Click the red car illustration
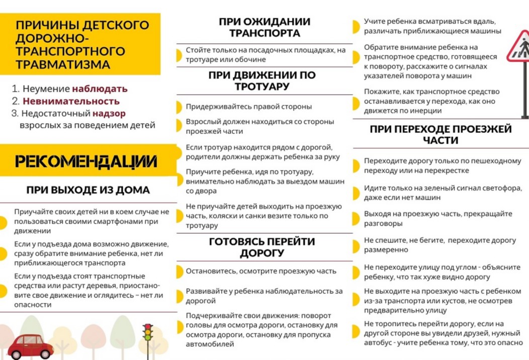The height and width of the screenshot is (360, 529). (31, 346)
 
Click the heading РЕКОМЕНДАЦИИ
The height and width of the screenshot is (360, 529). (86, 161)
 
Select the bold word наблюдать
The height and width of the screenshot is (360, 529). (100, 89)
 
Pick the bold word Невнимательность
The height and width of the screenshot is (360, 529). (71, 101)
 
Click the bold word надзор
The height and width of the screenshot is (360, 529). (109, 114)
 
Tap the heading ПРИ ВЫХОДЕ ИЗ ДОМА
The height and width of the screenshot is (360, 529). (88, 190)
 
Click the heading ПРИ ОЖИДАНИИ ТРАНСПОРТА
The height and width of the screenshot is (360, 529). (264, 28)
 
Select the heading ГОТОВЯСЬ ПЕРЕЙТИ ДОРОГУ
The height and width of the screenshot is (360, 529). (262, 247)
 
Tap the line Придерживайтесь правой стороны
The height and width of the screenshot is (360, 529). (249, 107)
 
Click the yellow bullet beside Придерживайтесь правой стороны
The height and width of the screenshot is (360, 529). (179, 107)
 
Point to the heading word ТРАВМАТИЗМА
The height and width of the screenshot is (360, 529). (62, 64)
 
